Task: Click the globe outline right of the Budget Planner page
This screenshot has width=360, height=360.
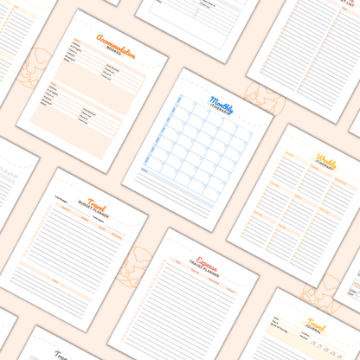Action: point(135,263)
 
